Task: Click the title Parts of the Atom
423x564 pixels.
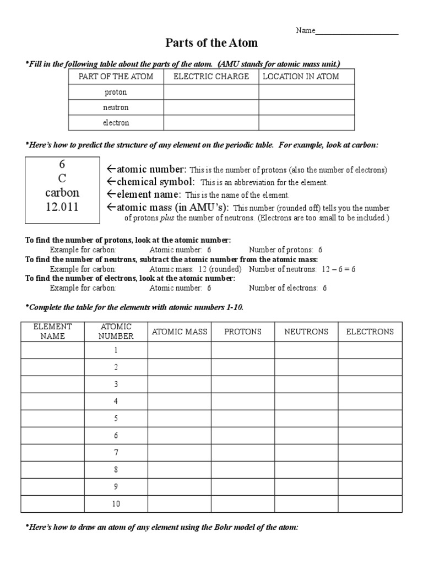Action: tap(211, 42)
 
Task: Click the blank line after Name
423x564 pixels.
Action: tap(356, 32)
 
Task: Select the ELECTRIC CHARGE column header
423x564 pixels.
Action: tap(211, 77)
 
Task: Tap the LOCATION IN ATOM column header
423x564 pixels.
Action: tap(301, 77)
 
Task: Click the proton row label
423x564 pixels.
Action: tap(116, 92)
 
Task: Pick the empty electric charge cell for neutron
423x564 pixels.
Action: tap(211, 107)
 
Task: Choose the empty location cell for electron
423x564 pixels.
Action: tap(306, 123)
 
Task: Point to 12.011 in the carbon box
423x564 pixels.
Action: tap(62, 207)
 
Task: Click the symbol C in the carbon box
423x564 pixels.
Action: tap(62, 178)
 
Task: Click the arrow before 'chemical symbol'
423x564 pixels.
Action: tap(110, 182)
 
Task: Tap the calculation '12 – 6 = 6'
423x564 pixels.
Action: tap(338, 269)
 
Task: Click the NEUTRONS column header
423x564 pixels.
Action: tap(306, 332)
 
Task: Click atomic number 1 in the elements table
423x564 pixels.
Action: tap(116, 350)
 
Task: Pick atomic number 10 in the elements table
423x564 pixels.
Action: tap(116, 503)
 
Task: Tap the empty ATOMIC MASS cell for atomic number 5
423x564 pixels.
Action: tap(179, 418)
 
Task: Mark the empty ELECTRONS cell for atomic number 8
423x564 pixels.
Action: tap(370, 469)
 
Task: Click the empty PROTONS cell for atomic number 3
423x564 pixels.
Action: tap(242, 384)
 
